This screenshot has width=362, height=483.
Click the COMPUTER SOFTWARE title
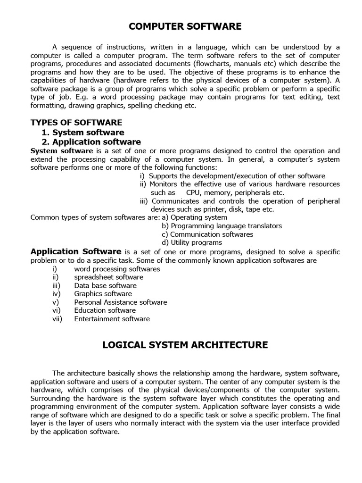pos(185,26)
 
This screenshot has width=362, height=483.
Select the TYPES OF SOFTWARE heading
pos(76,123)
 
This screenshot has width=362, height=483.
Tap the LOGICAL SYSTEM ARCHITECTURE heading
pos(185,345)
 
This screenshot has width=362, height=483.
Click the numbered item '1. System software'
pos(83,133)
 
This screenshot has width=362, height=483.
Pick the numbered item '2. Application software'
pos(91,142)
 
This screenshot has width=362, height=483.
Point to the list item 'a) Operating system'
pos(194,217)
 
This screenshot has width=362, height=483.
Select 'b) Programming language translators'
pos(222,226)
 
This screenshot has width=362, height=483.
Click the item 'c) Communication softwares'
pos(207,234)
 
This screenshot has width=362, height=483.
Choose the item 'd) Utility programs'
pos(191,242)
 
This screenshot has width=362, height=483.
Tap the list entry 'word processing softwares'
pos(117,269)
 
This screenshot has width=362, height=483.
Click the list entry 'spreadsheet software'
pos(108,277)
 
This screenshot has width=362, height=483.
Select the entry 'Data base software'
pos(105,285)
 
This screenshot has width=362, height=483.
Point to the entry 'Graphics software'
pos(103,294)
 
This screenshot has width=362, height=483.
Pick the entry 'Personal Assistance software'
pos(120,302)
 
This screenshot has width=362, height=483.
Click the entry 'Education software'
pos(105,310)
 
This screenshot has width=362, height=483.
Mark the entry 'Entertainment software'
pos(112,319)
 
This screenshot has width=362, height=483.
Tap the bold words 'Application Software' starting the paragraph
pos(76,251)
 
